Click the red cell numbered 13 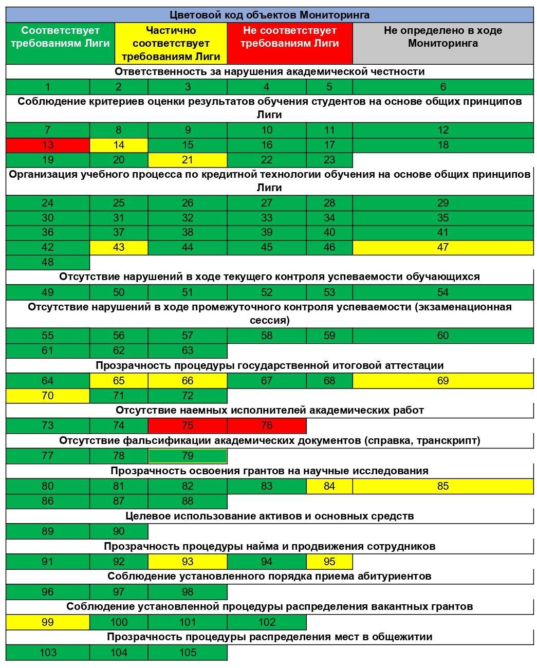pos(47,145)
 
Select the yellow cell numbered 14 pos(118,145)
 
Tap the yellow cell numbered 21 pos(188,160)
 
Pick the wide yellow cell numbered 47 pos(442,247)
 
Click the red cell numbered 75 pos(188,425)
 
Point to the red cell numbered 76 pos(266,425)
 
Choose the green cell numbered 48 pos(47,262)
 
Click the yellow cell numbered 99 pos(47,622)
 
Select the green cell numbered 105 pos(188,653)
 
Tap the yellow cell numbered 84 pos(329,486)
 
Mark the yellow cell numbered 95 pos(329,562)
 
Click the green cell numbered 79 pos(188,456)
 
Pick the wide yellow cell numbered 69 pos(442,381)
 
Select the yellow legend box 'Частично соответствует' pos(171,43)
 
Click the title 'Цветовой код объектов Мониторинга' pos(269,15)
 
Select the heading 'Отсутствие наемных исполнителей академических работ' pos(269,411)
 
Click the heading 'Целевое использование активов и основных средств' pos(269,516)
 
